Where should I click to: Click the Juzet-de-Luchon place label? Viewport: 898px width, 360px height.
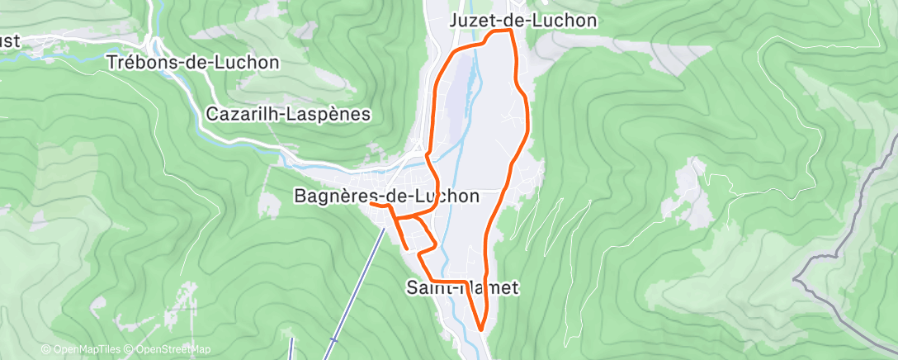[523, 20]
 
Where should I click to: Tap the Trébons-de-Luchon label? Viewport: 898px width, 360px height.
[193, 62]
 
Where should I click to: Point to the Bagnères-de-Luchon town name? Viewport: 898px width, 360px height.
[386, 196]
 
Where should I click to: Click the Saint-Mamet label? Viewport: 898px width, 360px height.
[462, 287]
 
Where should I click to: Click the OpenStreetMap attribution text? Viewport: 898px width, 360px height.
[169, 349]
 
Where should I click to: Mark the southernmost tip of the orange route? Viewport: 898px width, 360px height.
[481, 329]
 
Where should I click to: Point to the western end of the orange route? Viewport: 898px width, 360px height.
[371, 202]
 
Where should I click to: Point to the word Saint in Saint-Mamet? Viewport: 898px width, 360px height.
[428, 287]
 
